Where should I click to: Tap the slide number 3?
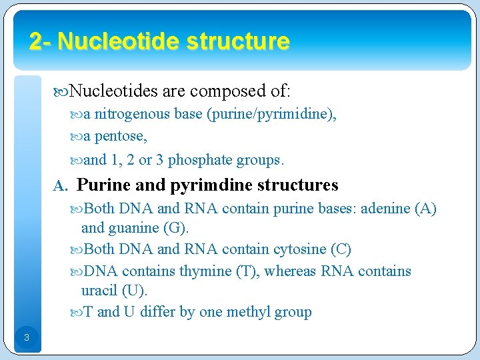(26, 337)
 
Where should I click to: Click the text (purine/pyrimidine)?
(271, 114)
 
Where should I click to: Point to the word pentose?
(121, 137)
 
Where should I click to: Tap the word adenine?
(386, 209)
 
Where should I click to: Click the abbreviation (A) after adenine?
(425, 209)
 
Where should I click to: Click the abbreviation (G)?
(176, 228)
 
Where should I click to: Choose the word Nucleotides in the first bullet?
(113, 90)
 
